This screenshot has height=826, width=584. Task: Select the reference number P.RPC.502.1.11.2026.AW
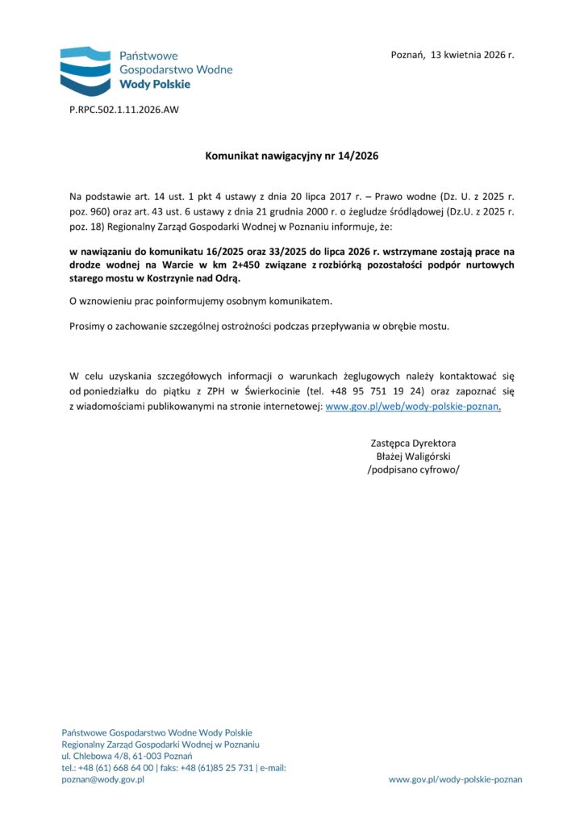(x=123, y=110)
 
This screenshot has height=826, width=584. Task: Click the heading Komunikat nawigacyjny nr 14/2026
(x=291, y=155)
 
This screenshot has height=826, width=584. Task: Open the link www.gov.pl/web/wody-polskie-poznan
(x=412, y=407)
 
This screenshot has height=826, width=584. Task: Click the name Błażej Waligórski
(x=413, y=457)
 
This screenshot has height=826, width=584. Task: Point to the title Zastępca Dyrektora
(x=413, y=443)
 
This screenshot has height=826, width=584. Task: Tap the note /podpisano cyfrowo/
(x=413, y=469)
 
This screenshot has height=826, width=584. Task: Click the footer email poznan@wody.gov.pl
(x=102, y=780)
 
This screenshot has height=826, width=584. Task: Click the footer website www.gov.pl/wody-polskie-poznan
(x=455, y=780)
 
